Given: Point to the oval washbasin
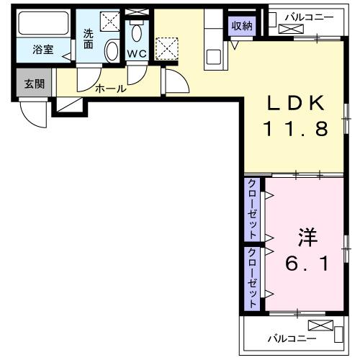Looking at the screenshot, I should point(112,51).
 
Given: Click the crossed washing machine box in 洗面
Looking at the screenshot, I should point(110,22).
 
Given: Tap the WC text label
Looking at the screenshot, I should point(136,53).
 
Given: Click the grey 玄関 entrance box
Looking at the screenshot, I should point(33,84).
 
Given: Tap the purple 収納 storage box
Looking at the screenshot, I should point(242,26).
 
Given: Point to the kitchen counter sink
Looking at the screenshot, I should point(215,55).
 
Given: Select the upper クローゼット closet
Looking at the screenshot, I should point(253,209).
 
